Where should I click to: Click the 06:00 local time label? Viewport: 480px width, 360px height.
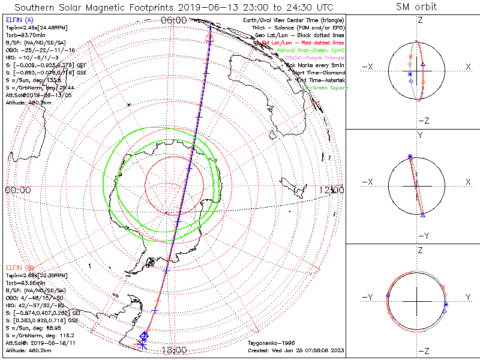point(174,20)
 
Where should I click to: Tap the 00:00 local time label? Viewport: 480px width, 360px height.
point(17,190)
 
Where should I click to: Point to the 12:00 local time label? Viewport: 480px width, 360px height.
point(332,190)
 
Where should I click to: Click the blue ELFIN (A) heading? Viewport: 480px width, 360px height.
point(19,20)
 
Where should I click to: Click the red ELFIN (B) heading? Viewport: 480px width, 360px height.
point(20,267)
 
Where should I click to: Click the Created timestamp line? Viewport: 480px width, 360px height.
point(295,350)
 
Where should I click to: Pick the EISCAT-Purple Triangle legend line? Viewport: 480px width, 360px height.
point(310,58)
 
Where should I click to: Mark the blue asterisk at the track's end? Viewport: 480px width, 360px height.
point(142,344)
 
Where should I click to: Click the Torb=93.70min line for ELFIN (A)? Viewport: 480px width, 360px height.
point(25,35)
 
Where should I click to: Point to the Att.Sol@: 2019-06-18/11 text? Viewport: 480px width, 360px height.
point(37,343)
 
